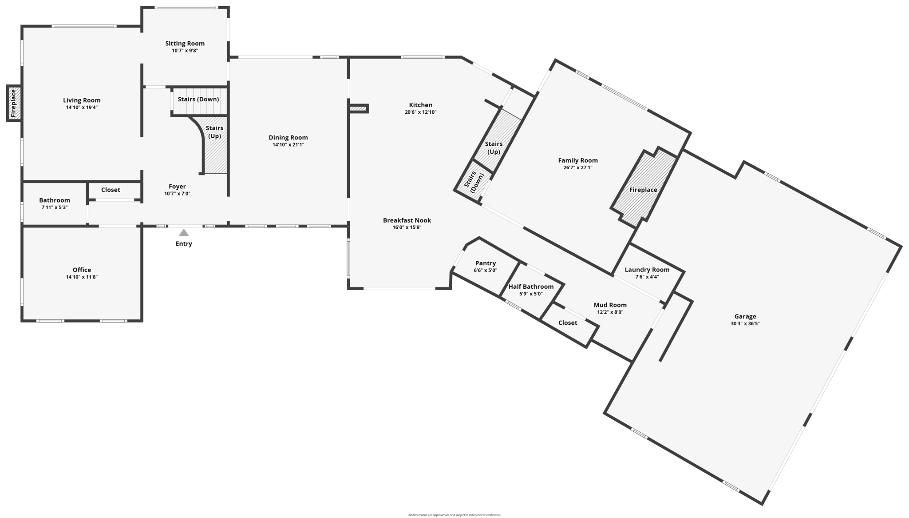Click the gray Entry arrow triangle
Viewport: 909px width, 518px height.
[x=184, y=233]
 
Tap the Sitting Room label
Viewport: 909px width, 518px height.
[x=185, y=44]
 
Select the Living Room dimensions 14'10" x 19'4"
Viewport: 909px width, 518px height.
[x=82, y=108]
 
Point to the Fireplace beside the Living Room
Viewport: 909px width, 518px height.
[x=13, y=103]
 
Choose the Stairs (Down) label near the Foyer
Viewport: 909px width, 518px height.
[x=198, y=100]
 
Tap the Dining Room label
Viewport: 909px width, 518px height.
[x=288, y=138]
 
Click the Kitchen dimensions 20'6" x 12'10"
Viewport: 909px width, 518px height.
[x=420, y=112]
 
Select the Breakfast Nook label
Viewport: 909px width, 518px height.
[x=407, y=220]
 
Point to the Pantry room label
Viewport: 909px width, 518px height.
[x=485, y=263]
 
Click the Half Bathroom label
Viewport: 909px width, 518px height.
[x=531, y=287]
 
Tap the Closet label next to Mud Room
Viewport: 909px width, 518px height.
[x=568, y=323]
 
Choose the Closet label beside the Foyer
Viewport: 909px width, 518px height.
[x=111, y=190]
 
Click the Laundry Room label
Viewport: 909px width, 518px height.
[x=647, y=270]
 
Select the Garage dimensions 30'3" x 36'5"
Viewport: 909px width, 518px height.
[x=745, y=324]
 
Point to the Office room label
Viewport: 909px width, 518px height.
[x=82, y=270]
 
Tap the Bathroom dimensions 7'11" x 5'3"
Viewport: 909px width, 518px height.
[x=55, y=207]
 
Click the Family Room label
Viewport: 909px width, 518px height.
[x=578, y=160]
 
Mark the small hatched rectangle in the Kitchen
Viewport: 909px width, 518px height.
[x=358, y=108]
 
